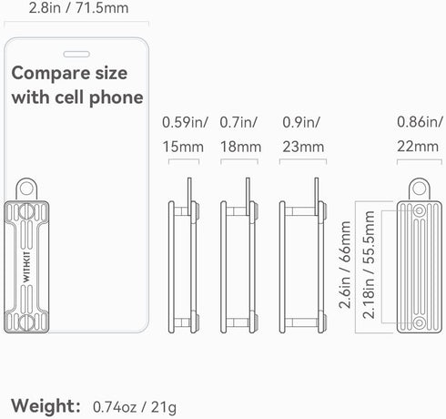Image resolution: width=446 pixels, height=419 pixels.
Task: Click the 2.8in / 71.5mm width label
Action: (x=78, y=8)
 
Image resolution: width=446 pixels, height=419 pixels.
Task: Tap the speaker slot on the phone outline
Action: (x=76, y=54)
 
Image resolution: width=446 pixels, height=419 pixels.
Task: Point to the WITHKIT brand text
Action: (x=26, y=267)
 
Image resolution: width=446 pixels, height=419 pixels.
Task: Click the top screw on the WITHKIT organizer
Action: (x=26, y=211)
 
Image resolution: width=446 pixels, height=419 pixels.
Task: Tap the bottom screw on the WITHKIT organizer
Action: (x=26, y=322)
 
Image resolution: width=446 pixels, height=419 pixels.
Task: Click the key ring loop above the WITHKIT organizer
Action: (x=26, y=189)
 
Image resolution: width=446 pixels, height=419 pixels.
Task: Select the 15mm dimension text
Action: (x=183, y=147)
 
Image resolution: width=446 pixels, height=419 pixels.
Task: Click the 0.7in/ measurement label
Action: (x=238, y=122)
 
